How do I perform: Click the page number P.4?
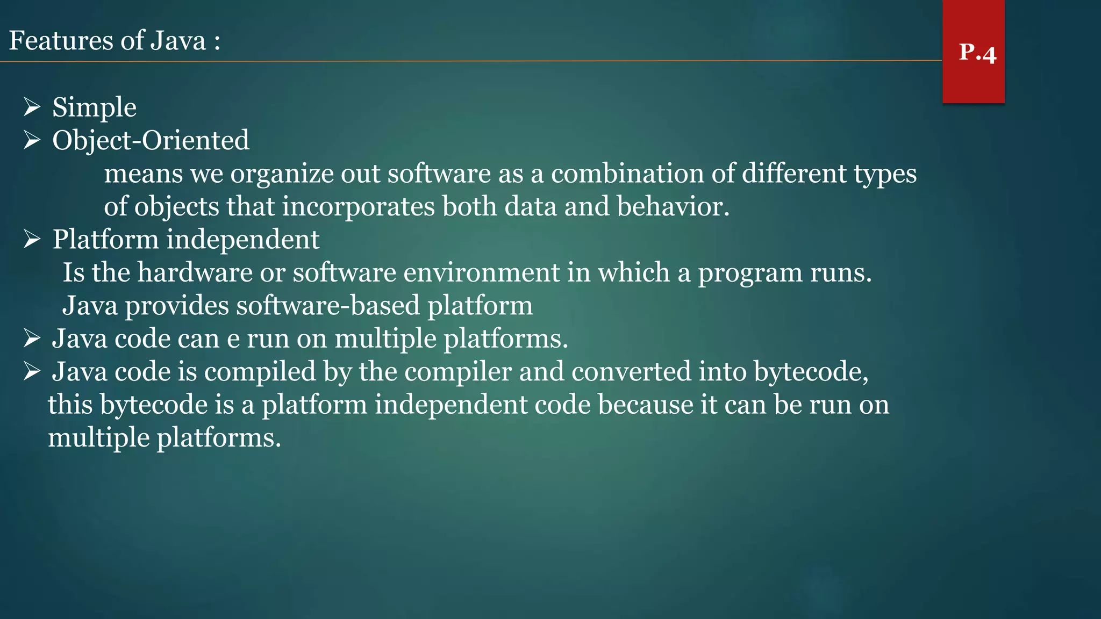977,53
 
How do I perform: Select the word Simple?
94,107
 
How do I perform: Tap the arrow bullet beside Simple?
32,107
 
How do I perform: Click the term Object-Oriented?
151,140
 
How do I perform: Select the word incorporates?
358,207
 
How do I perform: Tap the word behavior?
673,206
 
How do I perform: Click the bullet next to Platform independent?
32,239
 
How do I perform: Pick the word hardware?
195,272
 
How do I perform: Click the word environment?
481,272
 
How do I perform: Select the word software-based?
327,306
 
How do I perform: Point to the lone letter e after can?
233,340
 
